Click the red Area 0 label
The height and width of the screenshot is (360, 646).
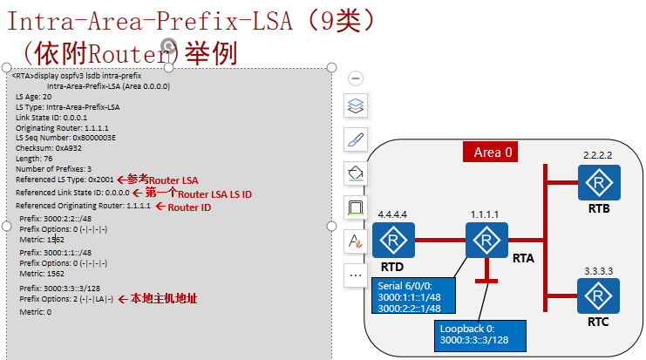point(493,152)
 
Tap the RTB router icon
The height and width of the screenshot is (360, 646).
point(597,183)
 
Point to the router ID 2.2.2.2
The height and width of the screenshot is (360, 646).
point(598,155)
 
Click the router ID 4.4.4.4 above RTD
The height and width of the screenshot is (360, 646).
point(393,214)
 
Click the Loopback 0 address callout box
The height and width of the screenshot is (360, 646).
point(480,334)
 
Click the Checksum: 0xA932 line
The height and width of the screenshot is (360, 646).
point(44,148)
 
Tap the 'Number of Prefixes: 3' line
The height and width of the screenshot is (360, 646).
point(53,168)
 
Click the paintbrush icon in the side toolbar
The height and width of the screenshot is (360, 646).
point(356,139)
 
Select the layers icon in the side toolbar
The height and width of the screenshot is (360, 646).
point(356,107)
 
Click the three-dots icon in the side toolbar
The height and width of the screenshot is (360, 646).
point(356,275)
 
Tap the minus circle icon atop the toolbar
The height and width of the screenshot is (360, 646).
point(356,78)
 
